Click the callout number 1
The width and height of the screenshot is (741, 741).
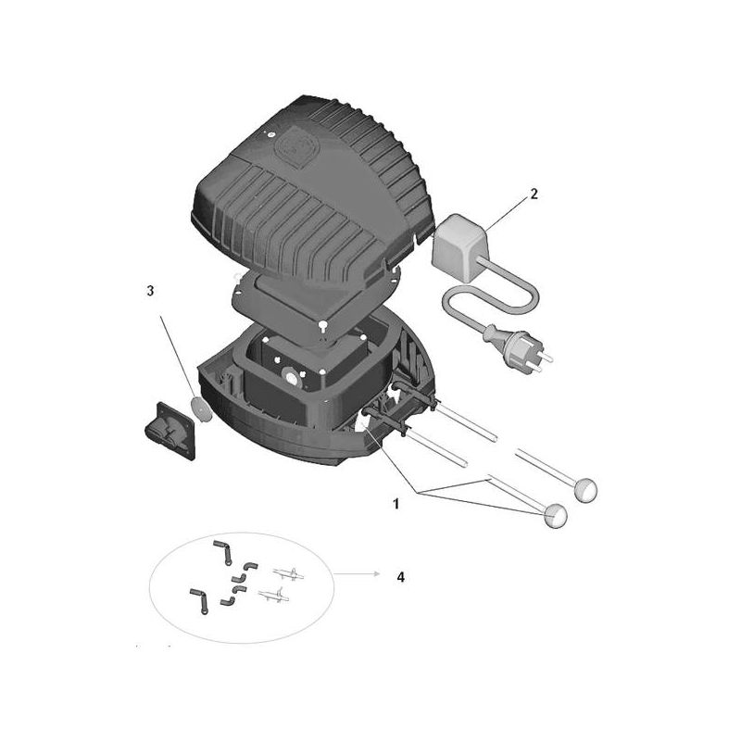click(x=396, y=504)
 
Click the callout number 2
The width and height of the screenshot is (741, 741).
click(x=534, y=194)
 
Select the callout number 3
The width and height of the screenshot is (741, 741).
click(x=150, y=291)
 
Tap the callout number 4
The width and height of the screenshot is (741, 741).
click(x=401, y=577)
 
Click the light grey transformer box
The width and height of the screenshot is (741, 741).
click(x=459, y=248)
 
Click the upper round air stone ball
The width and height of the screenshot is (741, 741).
click(x=585, y=490)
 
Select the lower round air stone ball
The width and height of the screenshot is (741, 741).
click(x=557, y=516)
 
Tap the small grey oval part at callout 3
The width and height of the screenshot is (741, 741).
click(x=199, y=408)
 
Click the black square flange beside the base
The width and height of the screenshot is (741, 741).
click(x=170, y=431)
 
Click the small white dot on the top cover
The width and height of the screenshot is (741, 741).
click(x=270, y=134)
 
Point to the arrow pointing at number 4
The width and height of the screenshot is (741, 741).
click(x=357, y=573)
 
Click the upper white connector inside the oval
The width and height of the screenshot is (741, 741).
click(x=288, y=573)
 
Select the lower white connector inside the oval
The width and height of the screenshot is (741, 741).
click(x=274, y=595)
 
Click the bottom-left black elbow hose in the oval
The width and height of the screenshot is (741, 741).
click(x=199, y=600)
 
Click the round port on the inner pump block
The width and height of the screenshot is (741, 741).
click(x=289, y=378)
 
